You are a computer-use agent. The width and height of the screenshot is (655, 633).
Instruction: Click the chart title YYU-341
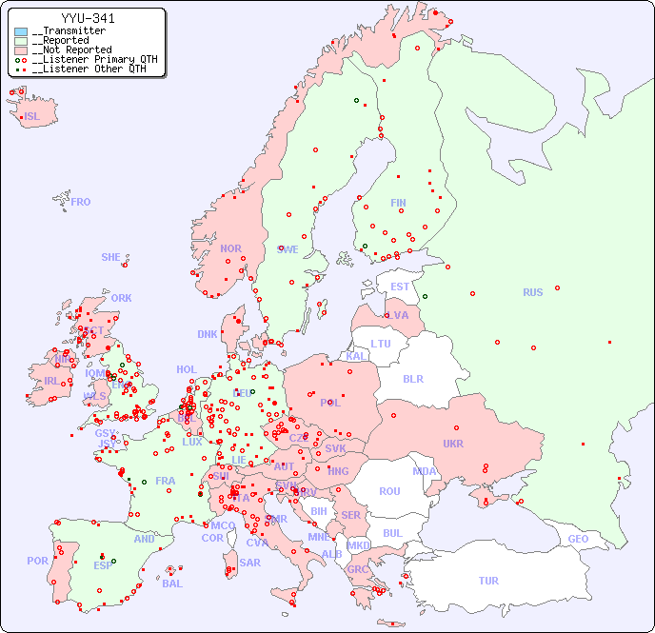[89, 18]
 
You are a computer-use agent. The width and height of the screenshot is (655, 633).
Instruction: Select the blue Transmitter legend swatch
[21, 31]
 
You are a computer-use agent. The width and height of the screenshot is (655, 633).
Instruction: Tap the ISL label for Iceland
[32, 117]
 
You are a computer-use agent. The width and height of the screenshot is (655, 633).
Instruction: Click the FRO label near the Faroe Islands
[81, 202]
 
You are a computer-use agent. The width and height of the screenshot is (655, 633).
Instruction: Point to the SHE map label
[111, 257]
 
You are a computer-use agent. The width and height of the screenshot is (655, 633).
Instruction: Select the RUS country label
[532, 292]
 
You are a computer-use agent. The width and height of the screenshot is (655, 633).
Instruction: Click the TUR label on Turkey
[488, 581]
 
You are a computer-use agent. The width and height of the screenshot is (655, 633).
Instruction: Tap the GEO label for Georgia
[578, 539]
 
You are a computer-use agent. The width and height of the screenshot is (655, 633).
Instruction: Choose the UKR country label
[452, 444]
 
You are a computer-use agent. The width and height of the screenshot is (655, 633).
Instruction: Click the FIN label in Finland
[398, 203]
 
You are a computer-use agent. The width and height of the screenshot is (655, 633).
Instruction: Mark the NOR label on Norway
[230, 248]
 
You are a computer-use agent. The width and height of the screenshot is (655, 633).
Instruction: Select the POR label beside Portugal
[37, 561]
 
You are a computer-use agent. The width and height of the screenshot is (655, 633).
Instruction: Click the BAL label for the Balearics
[171, 584]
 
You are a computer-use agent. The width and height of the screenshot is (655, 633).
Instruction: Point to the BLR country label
[412, 378]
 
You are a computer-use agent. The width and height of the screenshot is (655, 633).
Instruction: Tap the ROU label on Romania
[389, 491]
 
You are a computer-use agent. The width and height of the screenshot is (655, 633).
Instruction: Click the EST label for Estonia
[400, 287]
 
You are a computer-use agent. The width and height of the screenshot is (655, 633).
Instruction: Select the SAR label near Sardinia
[249, 563]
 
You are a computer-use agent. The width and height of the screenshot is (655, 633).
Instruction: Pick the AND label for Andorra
[144, 539]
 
